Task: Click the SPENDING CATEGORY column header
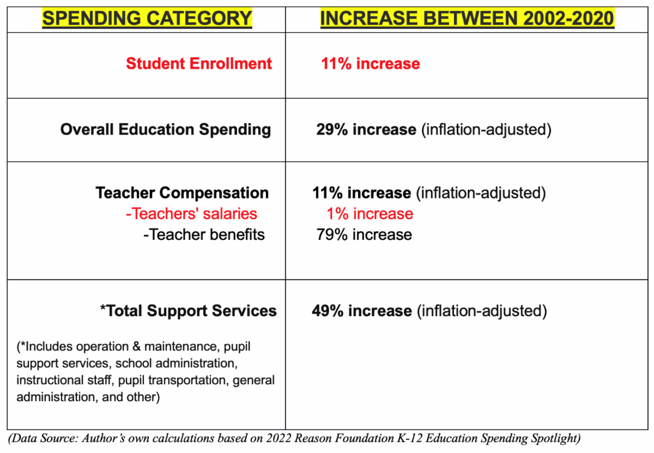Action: tap(147, 19)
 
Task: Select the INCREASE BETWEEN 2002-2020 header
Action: tap(467, 19)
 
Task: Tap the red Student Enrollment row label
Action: tap(199, 63)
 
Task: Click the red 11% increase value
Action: tap(371, 64)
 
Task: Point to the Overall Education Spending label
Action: tap(166, 130)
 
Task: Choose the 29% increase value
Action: tap(365, 130)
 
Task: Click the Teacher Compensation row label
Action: tap(182, 193)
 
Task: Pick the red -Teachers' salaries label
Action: tap(191, 214)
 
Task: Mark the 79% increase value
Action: tap(364, 234)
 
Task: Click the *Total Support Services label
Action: tap(188, 311)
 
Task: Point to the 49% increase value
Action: tap(362, 311)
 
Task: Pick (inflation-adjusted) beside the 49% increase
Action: tap(481, 311)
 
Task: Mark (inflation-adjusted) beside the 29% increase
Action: tap(486, 130)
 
